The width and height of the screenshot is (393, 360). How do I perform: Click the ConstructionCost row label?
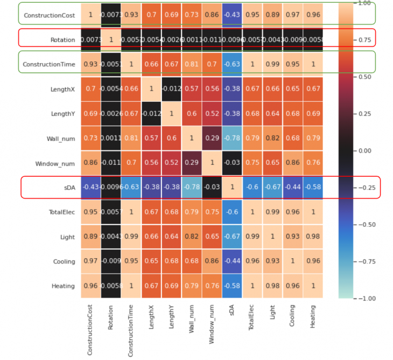(x=48, y=15)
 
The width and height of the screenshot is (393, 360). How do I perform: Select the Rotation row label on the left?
(x=63, y=40)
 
